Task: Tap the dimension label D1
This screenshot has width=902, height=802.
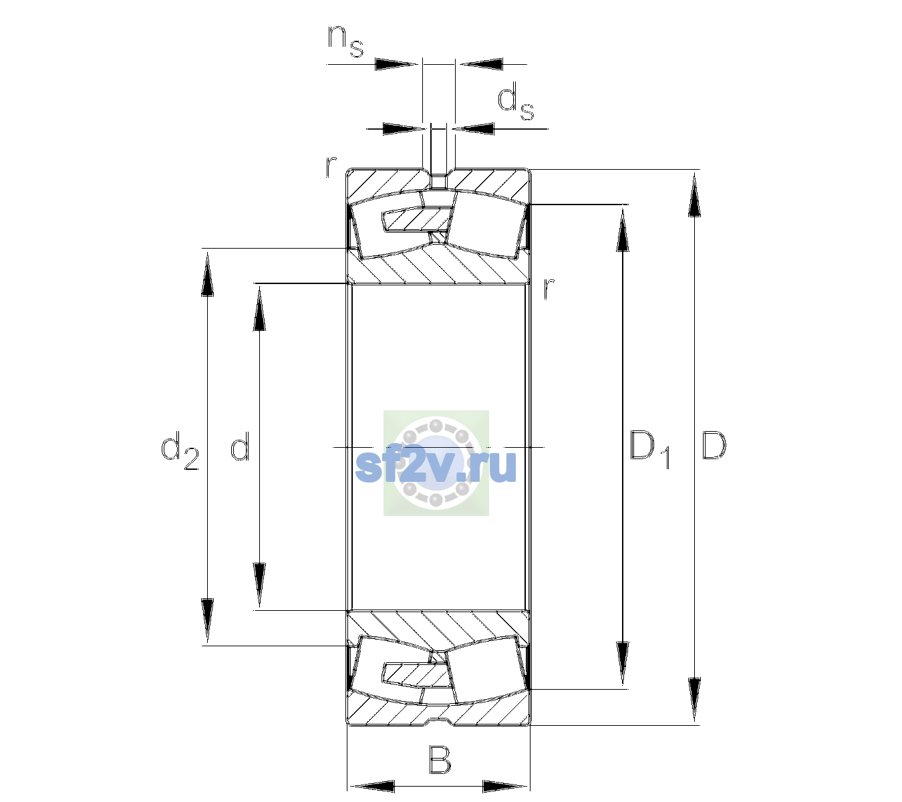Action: point(650,449)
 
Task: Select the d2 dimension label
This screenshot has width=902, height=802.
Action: point(180,450)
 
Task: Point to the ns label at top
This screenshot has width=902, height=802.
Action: point(345,41)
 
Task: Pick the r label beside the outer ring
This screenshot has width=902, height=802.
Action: point(331,166)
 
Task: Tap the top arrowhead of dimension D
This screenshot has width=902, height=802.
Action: point(694,194)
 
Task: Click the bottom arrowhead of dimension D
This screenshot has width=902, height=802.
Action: point(694,700)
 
